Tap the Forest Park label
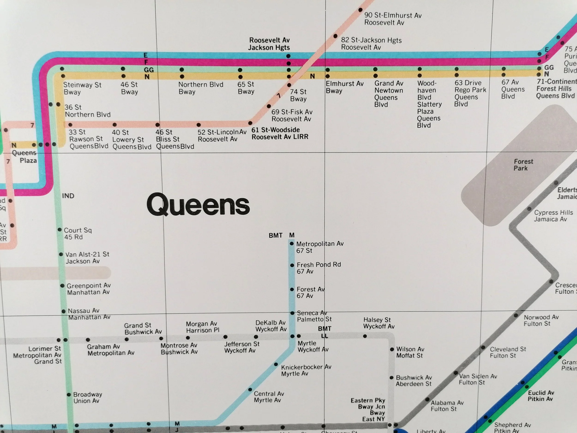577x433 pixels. [x=523, y=165]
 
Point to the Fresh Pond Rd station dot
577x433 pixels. [x=292, y=265]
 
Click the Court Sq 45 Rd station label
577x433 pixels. [x=78, y=234]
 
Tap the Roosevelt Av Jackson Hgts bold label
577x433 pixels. [x=269, y=44]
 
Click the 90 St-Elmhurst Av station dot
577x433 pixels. [x=360, y=10]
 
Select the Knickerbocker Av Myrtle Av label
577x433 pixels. [x=306, y=370]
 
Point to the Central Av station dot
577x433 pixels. [x=250, y=390]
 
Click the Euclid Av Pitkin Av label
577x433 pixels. [x=541, y=396]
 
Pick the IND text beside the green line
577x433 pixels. [x=68, y=196]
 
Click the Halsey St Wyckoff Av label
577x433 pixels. [x=379, y=323]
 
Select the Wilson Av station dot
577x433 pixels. [x=392, y=349]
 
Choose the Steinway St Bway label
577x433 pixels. [x=82, y=88]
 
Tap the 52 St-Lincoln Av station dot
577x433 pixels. [x=198, y=125]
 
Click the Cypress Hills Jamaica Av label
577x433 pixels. [x=553, y=216]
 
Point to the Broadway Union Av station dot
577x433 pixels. [x=69, y=395]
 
